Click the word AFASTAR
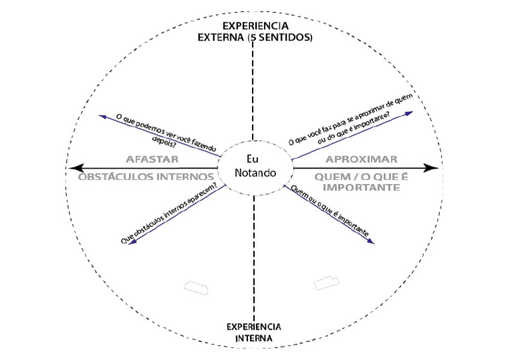pos(152,159)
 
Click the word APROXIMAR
pos(361,159)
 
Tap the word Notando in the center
pos(255,173)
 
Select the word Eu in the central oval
pos(253,159)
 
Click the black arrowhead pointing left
pos(76,168)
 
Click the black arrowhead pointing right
pos(431,168)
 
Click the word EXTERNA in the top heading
pos(221,37)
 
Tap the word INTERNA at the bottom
pos(254,338)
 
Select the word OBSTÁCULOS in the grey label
pos(115,177)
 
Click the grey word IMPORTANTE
pos(361,187)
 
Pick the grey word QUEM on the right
pos(328,177)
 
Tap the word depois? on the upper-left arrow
pos(164,142)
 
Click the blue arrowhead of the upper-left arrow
pos(103,116)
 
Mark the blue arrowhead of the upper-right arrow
pos(409,113)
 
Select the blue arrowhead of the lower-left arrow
pos(133,242)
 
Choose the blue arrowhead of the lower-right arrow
pos(370,242)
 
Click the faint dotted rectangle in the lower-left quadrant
pos(196,288)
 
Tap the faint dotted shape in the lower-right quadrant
pos(326,283)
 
